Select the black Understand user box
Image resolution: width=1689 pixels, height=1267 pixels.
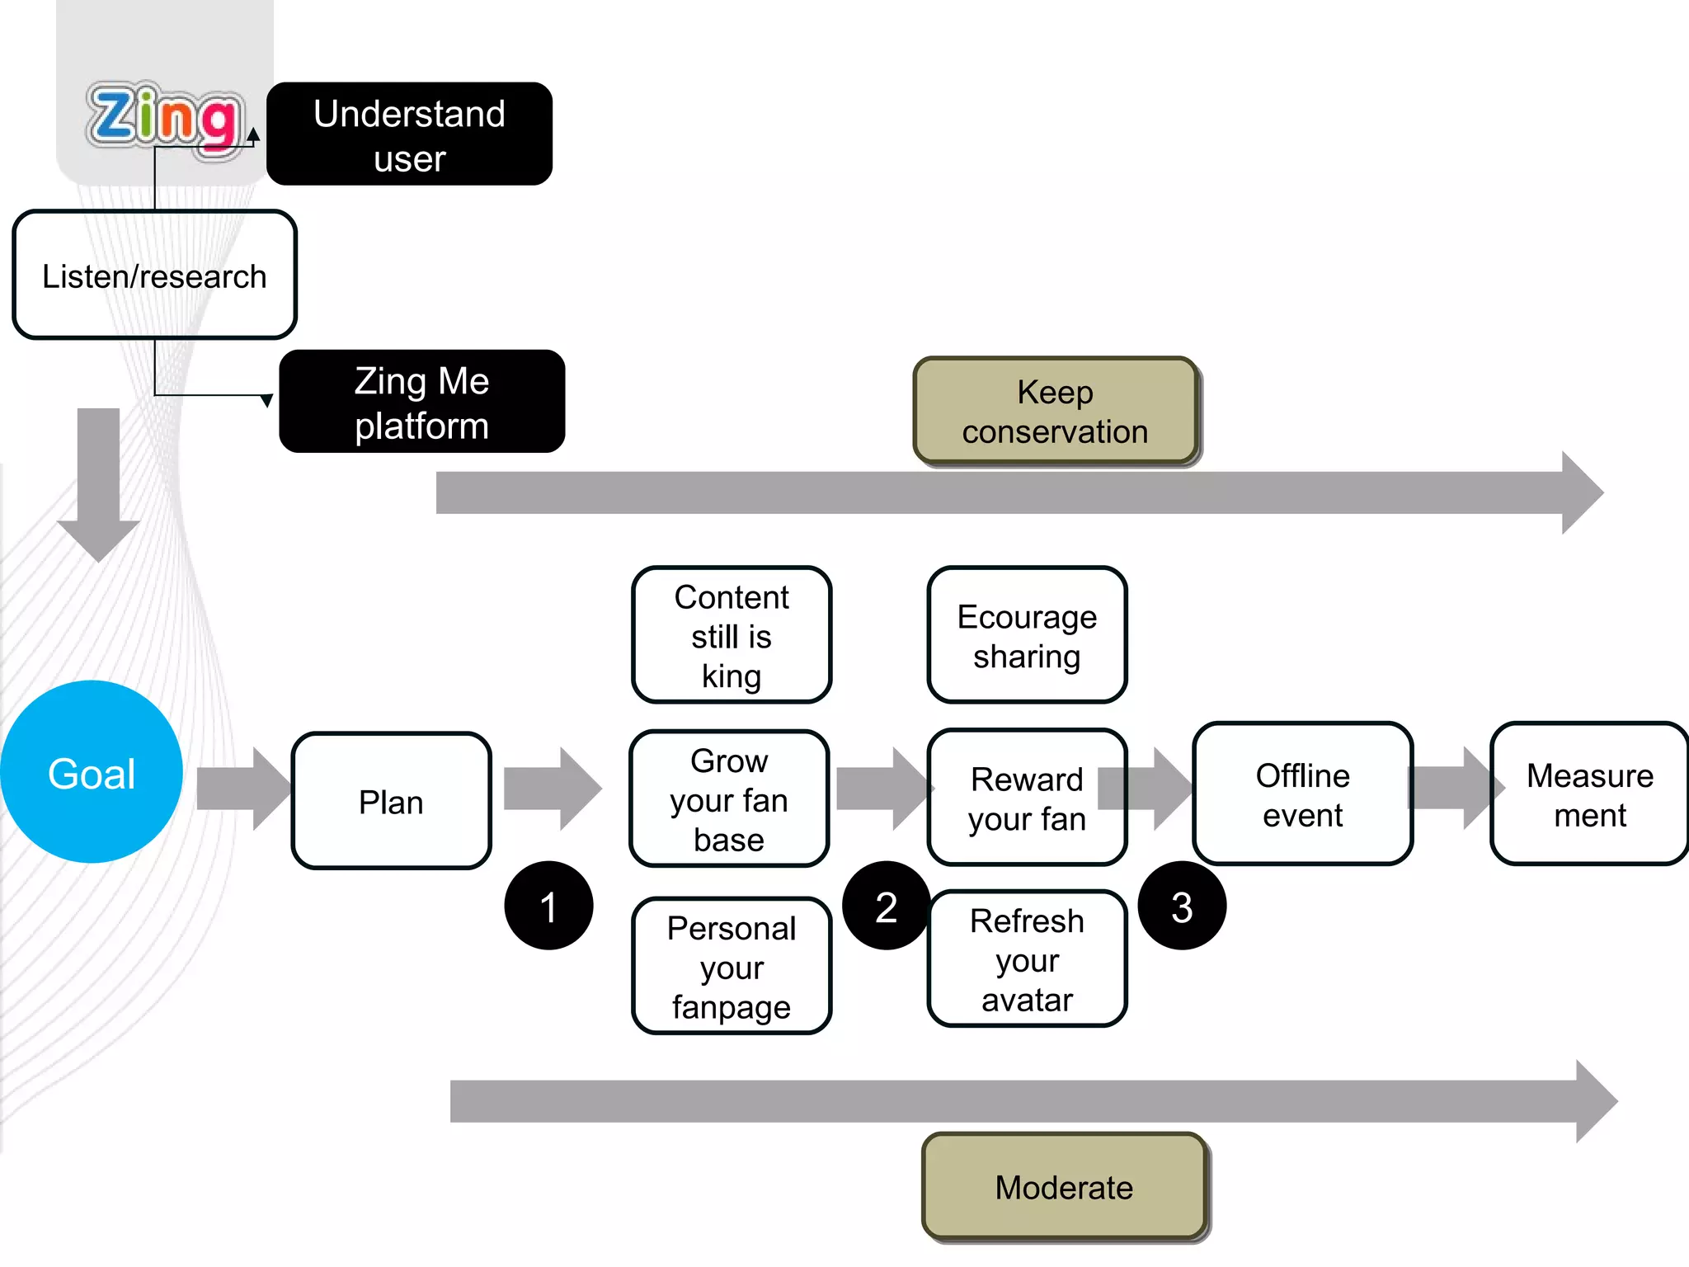click(x=409, y=134)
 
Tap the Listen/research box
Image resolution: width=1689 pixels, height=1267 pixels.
click(x=154, y=275)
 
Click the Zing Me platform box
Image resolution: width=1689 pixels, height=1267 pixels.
click(x=421, y=402)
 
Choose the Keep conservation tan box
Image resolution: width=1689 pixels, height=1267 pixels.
click(x=1055, y=411)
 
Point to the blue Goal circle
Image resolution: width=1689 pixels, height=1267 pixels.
click(x=91, y=772)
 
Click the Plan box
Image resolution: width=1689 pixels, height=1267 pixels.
click(x=391, y=801)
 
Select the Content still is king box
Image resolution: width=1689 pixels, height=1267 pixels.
click(x=731, y=635)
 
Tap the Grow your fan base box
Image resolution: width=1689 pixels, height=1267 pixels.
click(x=729, y=798)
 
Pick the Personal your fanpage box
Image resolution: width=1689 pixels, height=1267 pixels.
click(x=731, y=966)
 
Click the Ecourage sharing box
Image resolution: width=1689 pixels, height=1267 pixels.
click(x=1027, y=635)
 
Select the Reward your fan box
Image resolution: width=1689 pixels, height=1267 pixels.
click(x=1027, y=798)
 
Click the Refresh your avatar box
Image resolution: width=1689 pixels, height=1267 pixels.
click(x=1027, y=958)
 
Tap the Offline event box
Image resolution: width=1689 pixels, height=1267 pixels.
click(x=1302, y=794)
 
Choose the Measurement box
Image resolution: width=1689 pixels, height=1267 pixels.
click(x=1589, y=794)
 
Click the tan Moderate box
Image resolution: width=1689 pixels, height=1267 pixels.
click(x=1064, y=1186)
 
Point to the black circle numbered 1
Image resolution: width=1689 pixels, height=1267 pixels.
click(x=548, y=906)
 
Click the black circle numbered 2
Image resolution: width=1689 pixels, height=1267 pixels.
click(x=886, y=906)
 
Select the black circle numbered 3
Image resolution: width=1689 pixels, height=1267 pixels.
click(x=1182, y=906)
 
